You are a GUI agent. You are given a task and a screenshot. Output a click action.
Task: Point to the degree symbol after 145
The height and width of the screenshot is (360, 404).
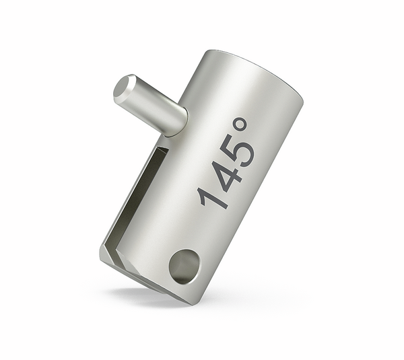240,124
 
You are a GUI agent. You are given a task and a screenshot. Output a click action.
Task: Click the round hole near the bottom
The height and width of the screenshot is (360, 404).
184,266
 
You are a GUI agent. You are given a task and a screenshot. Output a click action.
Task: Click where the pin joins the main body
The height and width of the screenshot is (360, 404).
182,124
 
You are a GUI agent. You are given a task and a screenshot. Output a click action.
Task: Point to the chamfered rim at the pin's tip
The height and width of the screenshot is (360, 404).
124,87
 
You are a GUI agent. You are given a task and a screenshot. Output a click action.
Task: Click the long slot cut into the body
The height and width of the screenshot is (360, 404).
137,196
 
